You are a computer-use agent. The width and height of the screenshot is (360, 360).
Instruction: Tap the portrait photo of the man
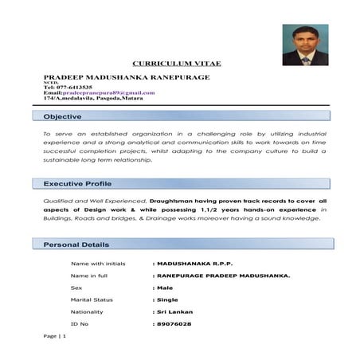coord(305,44)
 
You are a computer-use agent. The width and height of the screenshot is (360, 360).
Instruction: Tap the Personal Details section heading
coord(76,245)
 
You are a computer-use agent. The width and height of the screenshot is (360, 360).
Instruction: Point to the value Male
coord(165,287)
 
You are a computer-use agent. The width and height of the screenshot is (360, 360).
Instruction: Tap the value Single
coord(167,299)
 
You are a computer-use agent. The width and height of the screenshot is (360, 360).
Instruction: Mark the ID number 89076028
coord(174,324)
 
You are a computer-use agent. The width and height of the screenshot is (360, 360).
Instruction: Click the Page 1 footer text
coord(55,338)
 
